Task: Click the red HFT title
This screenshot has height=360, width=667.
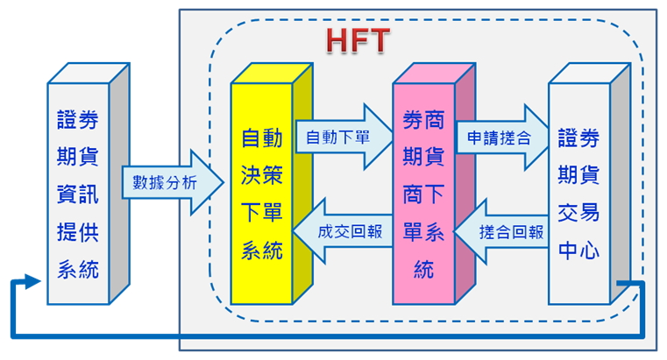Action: [357, 40]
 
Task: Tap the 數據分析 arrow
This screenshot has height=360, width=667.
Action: [166, 183]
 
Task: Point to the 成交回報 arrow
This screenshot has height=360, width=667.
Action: [341, 232]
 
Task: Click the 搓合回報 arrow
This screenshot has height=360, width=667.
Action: [508, 232]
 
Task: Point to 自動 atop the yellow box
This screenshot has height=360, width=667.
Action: [262, 138]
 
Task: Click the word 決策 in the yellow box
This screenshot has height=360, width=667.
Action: [262, 175]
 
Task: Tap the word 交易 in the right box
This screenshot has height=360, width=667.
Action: [578, 212]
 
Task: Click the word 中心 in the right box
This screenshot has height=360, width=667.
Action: [578, 249]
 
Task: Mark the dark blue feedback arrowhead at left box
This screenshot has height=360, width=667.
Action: [32, 280]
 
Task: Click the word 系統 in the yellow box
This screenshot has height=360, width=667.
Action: [262, 251]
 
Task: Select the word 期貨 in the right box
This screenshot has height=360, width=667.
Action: [578, 174]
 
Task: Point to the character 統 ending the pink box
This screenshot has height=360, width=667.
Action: [424, 269]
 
